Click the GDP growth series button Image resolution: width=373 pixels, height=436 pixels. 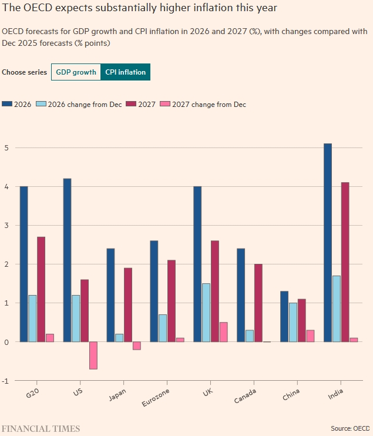point(76,72)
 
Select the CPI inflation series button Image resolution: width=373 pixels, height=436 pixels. point(126,72)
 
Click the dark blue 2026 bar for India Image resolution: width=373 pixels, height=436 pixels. point(328,242)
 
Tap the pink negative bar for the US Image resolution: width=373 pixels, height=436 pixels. point(93,355)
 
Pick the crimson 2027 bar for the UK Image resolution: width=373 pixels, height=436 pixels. point(215,291)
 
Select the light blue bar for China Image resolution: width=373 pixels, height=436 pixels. point(293,322)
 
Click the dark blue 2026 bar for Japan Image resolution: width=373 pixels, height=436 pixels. point(110,294)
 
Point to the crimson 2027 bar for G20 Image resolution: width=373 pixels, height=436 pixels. point(41,289)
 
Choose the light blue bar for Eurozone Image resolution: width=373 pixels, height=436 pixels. point(163,328)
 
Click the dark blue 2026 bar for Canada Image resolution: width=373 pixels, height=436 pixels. point(241,294)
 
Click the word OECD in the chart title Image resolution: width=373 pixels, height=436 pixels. point(34,9)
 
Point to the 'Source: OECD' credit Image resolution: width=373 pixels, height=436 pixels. point(350,428)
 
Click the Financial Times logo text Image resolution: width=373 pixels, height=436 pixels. point(41,428)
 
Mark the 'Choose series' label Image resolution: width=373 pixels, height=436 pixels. point(25,72)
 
